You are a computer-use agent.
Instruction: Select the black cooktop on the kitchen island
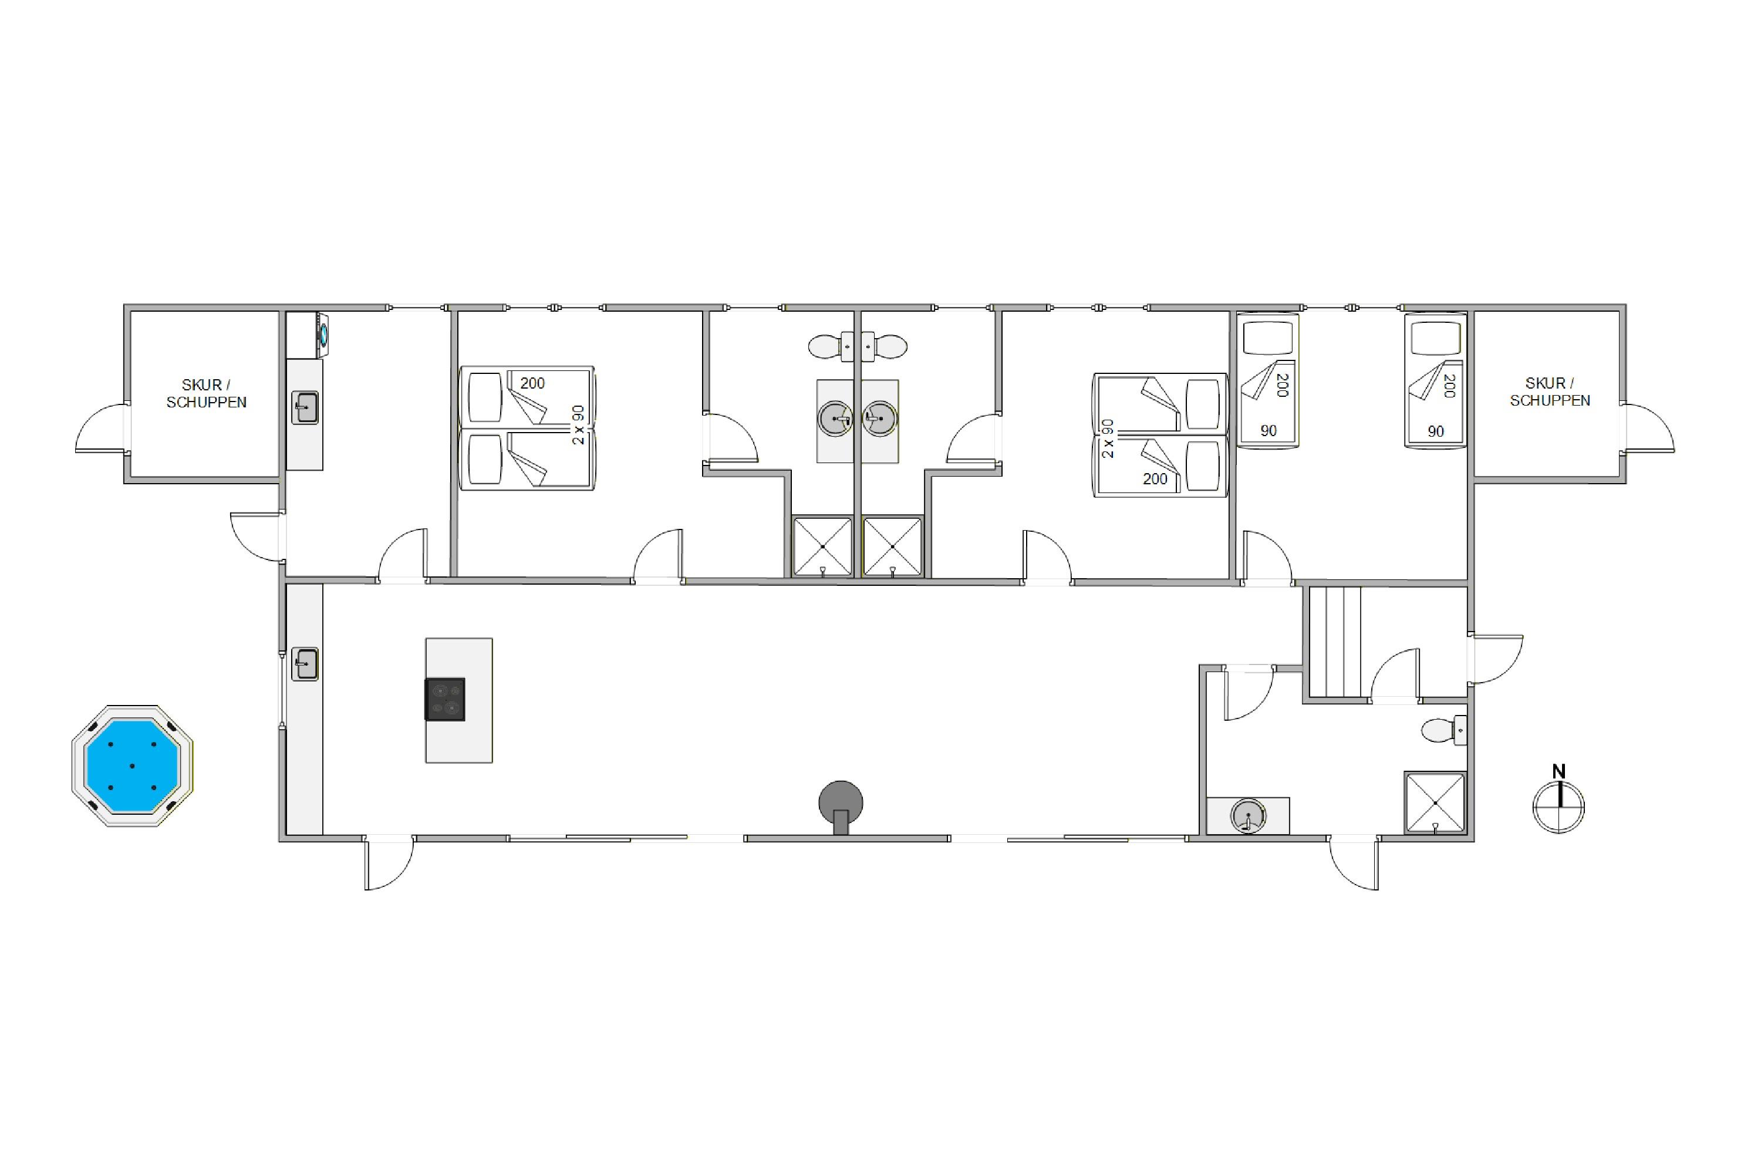446,699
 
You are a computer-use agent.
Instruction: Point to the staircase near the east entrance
1335,642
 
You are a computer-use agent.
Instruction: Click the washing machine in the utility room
305,335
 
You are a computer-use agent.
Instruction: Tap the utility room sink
305,408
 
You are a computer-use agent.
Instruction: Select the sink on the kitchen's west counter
305,663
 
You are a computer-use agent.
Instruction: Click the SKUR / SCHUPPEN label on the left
206,393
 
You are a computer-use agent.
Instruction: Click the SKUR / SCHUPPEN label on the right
1550,392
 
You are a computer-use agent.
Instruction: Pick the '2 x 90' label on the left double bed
578,424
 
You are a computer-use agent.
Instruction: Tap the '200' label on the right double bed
1155,478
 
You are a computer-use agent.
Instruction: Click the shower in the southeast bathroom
1435,802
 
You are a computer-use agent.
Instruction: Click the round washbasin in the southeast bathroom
1248,815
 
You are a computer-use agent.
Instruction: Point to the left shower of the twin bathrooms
823,546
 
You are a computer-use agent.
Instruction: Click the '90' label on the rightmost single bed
1435,431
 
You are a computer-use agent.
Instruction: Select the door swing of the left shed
102,427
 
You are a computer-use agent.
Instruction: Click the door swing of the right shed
1649,427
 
